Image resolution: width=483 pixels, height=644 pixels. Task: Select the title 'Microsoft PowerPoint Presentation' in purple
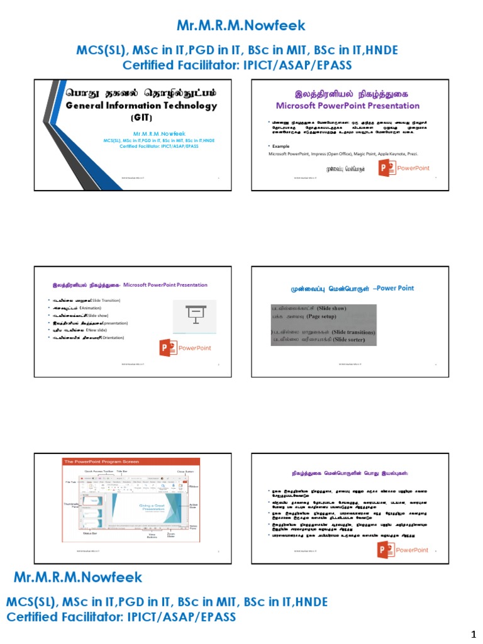pos(348,106)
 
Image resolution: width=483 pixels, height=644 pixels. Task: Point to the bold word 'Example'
pos(281,145)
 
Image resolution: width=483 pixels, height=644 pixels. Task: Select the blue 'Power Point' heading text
pos(395,288)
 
